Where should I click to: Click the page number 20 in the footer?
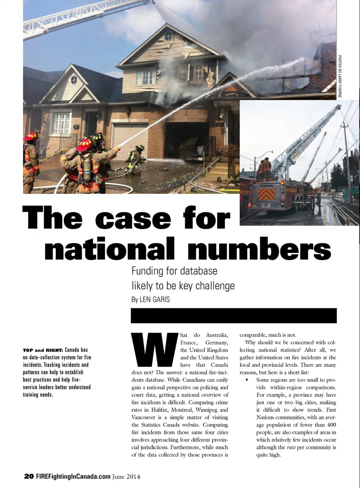[28, 476]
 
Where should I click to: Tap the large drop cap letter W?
[154, 350]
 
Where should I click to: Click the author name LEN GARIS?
[154, 299]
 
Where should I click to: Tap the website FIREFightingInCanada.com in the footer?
[73, 476]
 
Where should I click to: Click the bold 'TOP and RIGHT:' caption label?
[43, 350]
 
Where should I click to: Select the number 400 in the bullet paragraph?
[331, 425]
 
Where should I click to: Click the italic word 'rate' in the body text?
[291, 447]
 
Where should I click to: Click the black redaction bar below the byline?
[234, 315]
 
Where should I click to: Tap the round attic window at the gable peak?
[168, 36]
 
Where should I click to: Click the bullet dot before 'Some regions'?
[246, 380]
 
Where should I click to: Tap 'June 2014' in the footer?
[126, 476]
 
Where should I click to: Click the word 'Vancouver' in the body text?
[143, 417]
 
